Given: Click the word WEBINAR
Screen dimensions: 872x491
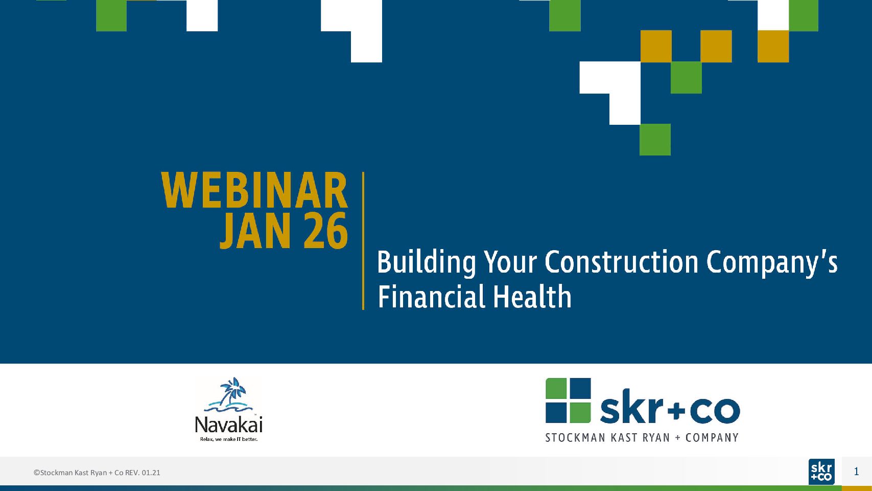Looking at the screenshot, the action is pyautogui.click(x=254, y=191).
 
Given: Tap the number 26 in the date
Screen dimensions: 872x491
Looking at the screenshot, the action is pyautogui.click(x=325, y=231).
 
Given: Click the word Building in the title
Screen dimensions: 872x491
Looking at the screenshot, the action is pyautogui.click(x=426, y=263).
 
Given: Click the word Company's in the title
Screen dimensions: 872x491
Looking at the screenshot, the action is pyautogui.click(x=772, y=263).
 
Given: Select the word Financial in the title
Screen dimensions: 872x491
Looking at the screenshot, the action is pyautogui.click(x=431, y=296).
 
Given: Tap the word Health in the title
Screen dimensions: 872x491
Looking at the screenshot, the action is pyautogui.click(x=532, y=296).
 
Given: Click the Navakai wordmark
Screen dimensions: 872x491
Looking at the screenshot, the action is pyautogui.click(x=229, y=425).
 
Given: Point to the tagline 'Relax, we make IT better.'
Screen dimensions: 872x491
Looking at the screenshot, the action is pyautogui.click(x=229, y=439).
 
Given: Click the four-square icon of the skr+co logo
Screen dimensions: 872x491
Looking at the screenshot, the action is pyautogui.click(x=568, y=400).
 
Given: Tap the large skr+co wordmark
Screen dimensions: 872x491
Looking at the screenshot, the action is pyautogui.click(x=670, y=410).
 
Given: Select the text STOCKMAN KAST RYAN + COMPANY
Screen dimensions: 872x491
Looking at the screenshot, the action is pyautogui.click(x=642, y=438).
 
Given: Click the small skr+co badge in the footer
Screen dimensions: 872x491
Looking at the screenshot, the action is pyautogui.click(x=821, y=472).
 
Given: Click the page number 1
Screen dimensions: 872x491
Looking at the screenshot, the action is pyautogui.click(x=856, y=472).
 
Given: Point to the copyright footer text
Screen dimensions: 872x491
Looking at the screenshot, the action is pyautogui.click(x=97, y=473).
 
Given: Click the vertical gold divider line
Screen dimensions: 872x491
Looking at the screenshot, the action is pyautogui.click(x=363, y=241).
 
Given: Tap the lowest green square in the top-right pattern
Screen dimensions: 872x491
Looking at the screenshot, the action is pyautogui.click(x=655, y=140).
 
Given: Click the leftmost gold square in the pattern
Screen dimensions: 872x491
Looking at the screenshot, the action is pyautogui.click(x=656, y=47).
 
